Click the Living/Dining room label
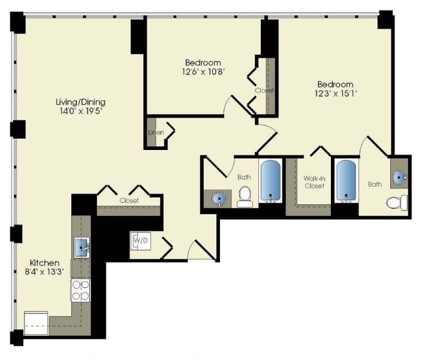pyautogui.click(x=81, y=102)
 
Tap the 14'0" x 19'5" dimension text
pyautogui.click(x=81, y=112)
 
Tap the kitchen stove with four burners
pyautogui.click(x=81, y=290)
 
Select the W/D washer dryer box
pyautogui.click(x=141, y=242)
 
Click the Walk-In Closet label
pyautogui.click(x=314, y=182)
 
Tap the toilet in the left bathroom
pyautogui.click(x=245, y=196)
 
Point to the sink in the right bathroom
pyautogui.click(x=399, y=176)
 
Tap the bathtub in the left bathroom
pyautogui.click(x=271, y=182)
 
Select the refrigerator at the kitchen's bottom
pyautogui.click(x=36, y=324)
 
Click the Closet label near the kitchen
pyautogui.click(x=129, y=200)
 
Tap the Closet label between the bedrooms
pyautogui.click(x=264, y=90)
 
